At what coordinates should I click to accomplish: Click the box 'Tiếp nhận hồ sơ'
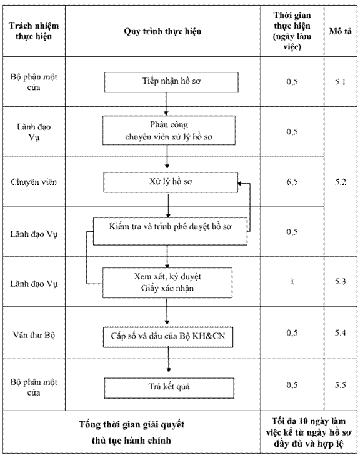(171, 82)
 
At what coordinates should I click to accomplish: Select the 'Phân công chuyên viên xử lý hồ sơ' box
(169, 130)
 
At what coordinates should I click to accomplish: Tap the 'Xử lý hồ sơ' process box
(171, 182)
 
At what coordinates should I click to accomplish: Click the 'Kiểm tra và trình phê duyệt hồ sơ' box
(170, 231)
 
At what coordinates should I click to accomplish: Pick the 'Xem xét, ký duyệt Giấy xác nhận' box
(167, 283)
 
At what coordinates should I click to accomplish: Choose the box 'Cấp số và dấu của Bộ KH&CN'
(168, 337)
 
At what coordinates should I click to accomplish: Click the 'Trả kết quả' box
(169, 388)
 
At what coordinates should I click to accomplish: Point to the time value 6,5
(292, 182)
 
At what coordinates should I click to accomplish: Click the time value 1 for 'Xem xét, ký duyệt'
(292, 282)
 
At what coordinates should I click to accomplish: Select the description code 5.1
(341, 81)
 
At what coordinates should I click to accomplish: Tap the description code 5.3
(341, 282)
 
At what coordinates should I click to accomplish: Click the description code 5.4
(341, 332)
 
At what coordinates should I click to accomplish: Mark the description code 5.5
(341, 385)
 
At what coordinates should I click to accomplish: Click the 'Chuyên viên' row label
(34, 182)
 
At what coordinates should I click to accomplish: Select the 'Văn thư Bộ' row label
(34, 335)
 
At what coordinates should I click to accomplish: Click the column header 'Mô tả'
(341, 31)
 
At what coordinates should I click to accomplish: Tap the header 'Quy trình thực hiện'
(162, 31)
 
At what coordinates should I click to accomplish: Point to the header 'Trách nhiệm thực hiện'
(34, 31)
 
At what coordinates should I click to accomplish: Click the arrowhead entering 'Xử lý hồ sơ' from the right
(240, 184)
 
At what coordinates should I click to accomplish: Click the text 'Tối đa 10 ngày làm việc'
(309, 427)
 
